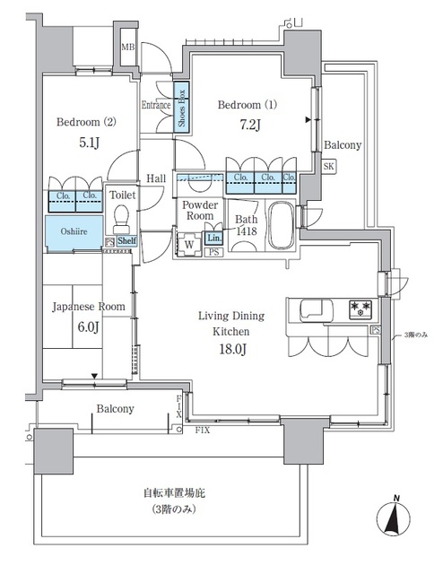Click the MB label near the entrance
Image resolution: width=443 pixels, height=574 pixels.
click(128, 47)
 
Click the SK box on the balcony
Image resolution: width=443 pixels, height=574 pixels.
click(329, 167)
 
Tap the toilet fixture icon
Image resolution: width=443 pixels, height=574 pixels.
click(121, 219)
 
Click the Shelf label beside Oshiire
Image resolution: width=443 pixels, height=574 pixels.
click(126, 241)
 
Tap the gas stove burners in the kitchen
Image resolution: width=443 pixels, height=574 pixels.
click(360, 310)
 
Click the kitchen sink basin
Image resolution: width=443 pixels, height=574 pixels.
click(313, 310)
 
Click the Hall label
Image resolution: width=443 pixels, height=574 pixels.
click(157, 179)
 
